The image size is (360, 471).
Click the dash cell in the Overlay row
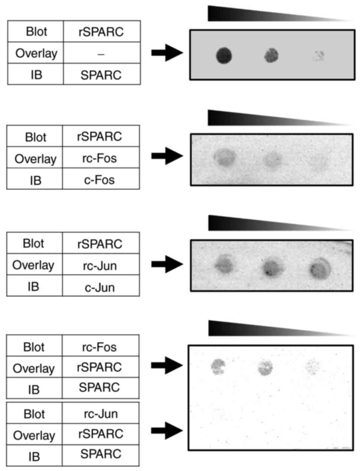[x=101, y=54]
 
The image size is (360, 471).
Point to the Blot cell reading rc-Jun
[x=100, y=414]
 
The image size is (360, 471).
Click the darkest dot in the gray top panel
[x=224, y=56]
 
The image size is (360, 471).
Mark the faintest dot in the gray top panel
[x=318, y=56]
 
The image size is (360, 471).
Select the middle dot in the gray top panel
[x=272, y=56]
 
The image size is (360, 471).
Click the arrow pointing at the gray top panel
[x=167, y=52]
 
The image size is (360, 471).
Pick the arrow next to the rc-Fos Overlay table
[x=167, y=156]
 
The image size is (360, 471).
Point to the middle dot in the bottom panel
[x=265, y=367]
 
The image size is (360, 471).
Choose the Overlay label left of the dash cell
[x=36, y=54]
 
